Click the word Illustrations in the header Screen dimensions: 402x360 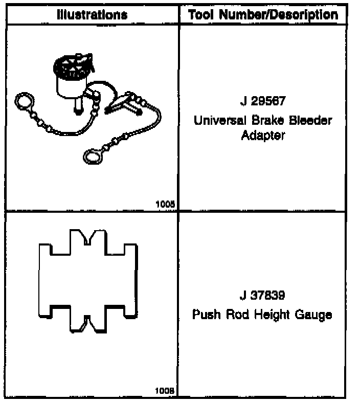pyautogui.click(x=92, y=14)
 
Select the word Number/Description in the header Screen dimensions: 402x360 pyautogui.click(x=278, y=14)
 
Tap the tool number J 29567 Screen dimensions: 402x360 pyautogui.click(x=262, y=101)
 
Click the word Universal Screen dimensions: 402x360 pyautogui.click(x=220, y=121)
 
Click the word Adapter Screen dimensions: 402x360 pyautogui.click(x=262, y=137)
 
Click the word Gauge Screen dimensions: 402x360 pyautogui.click(x=313, y=314)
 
